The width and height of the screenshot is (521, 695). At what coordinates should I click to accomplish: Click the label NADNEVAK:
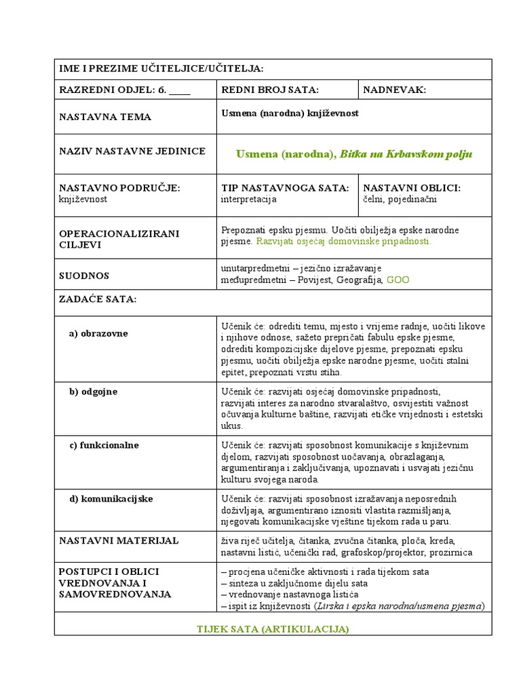(x=395, y=90)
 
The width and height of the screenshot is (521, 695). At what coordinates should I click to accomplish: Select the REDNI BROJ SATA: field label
(x=270, y=90)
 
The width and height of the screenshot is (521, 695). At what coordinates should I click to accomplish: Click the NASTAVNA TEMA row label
(x=105, y=117)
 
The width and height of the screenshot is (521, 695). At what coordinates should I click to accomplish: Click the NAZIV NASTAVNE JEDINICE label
(x=132, y=151)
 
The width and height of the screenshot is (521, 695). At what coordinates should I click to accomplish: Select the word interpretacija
(x=249, y=200)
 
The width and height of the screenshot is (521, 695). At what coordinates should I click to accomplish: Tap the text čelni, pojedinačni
(x=400, y=200)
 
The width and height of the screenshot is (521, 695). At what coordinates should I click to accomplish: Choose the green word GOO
(x=398, y=279)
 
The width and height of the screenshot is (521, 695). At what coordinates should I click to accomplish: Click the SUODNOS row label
(x=84, y=276)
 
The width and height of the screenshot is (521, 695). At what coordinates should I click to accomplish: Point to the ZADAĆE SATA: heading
(x=98, y=299)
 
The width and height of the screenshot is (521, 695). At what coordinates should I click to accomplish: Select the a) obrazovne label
(x=98, y=333)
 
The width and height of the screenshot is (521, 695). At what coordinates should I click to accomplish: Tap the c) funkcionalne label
(x=104, y=445)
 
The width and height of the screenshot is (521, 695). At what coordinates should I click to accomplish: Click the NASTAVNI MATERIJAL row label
(x=119, y=540)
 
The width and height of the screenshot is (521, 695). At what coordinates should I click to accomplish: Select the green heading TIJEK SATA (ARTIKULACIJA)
(x=273, y=629)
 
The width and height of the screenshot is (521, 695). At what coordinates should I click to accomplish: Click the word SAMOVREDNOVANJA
(x=115, y=594)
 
